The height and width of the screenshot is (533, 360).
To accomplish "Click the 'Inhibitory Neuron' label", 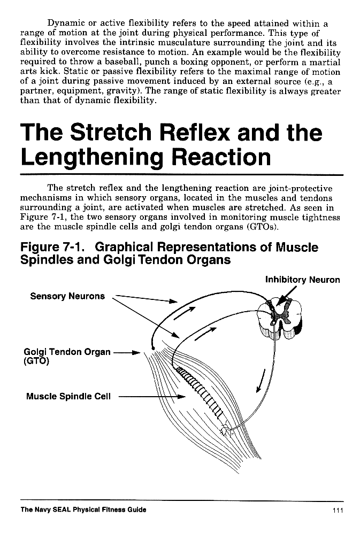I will [302, 280].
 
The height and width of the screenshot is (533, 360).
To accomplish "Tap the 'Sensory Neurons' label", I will [67, 296].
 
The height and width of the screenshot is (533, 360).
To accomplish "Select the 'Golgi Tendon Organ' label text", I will [67, 352].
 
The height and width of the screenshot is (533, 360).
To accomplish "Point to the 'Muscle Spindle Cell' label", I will [68, 397].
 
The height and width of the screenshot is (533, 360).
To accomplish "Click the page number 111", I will [336, 510].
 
